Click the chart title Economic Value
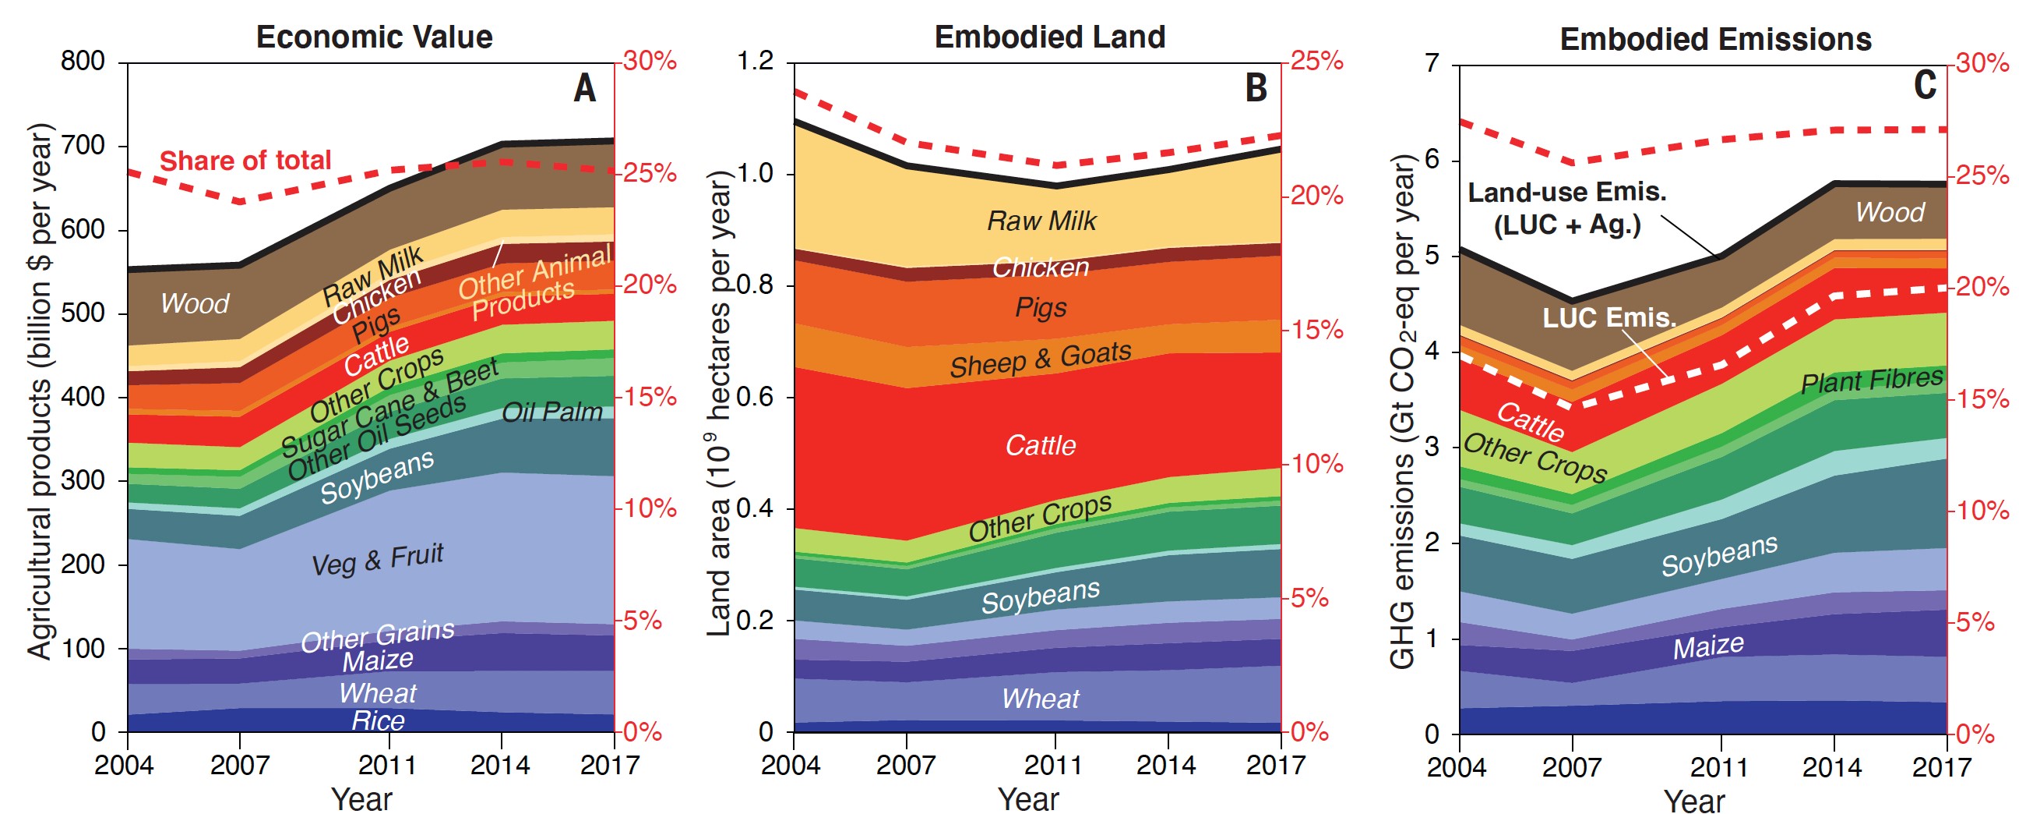374,37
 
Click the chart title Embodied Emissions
1715,38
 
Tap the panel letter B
1256,88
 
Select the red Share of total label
245,160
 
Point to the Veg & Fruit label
377,559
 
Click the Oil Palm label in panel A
551,412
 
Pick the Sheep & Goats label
1040,359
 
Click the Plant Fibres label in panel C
1871,380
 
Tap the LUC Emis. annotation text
1609,317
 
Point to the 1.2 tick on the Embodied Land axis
755,60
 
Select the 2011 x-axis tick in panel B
1054,765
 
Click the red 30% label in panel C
1982,62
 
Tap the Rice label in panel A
378,720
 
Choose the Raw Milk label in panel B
1041,221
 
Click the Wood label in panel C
1889,212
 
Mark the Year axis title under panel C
1693,801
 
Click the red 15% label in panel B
1316,329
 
